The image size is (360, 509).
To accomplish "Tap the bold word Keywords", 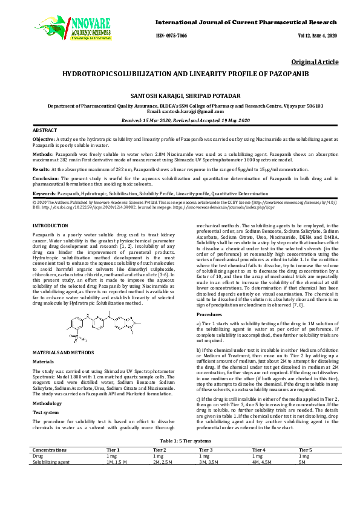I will tap(44, 193).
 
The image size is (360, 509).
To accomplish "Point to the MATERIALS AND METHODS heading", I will tap(62, 352).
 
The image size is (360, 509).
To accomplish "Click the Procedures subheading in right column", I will tap(210, 315).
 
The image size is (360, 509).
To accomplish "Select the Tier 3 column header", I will tap(206, 450).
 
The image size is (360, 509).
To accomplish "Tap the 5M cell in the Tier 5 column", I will tap(303, 462).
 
